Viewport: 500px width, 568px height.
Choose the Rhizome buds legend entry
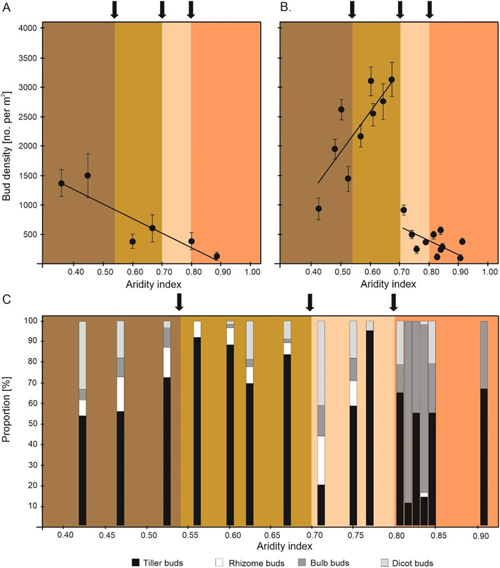(254, 562)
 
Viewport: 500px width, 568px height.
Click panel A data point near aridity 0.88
(217, 256)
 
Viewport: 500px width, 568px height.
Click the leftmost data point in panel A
(61, 183)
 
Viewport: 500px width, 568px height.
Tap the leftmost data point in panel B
(318, 209)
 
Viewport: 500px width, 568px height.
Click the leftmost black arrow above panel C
(179, 302)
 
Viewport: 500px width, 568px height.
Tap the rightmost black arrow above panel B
(429, 9)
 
